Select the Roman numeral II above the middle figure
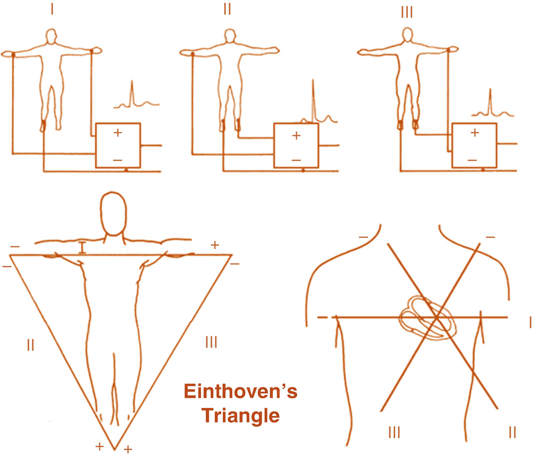[227, 9]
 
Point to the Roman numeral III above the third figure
[407, 11]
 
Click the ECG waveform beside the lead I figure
[135, 97]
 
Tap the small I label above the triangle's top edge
[83, 247]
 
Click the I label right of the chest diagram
[530, 321]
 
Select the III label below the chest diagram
[394, 432]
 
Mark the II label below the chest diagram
[512, 432]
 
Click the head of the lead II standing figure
[228, 36]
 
